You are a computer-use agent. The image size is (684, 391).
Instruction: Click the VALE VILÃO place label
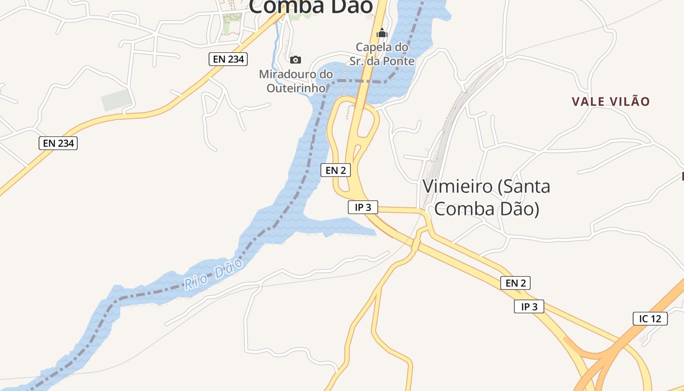(611, 102)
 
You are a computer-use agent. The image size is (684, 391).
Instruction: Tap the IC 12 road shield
(650, 319)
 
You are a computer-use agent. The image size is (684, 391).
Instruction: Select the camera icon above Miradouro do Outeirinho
(296, 60)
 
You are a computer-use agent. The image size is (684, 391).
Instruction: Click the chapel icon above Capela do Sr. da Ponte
(382, 33)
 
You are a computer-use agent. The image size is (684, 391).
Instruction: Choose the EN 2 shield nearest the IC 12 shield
(515, 282)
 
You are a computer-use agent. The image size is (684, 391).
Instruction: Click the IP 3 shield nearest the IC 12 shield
(529, 306)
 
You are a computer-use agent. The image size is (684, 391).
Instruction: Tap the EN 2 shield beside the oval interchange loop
(336, 170)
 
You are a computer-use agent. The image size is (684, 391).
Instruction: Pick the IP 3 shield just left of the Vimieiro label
(363, 207)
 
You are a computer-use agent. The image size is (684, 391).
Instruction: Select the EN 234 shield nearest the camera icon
(229, 59)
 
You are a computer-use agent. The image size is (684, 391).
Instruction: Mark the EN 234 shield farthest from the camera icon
(58, 143)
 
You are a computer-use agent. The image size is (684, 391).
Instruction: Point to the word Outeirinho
(296, 88)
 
